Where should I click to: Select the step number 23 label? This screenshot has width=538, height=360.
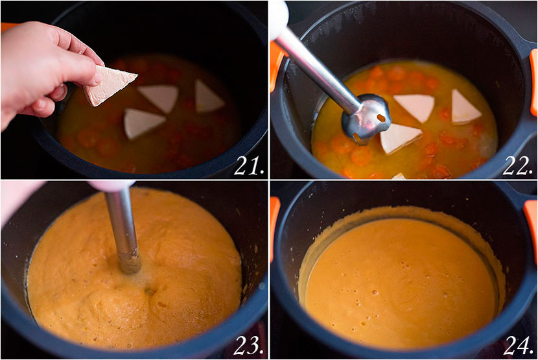coord(248,345)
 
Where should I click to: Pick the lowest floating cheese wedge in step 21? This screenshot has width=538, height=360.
coord(142,122)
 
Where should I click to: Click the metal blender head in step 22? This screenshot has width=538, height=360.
coord(367,117)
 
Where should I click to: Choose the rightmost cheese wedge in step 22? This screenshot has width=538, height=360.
coord(465,108)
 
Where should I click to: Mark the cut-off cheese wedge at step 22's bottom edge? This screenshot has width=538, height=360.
coord(398,176)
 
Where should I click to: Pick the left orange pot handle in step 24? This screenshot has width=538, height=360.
coord(274,227)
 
